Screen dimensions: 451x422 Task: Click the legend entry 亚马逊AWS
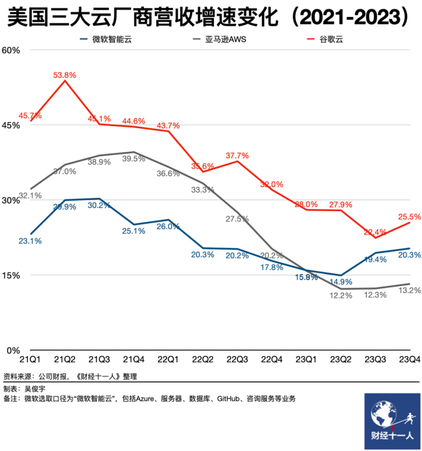pos(226,40)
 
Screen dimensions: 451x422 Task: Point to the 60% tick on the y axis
pos(11,50)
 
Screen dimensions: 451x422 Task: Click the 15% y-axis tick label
pos(11,276)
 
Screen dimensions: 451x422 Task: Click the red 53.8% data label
pos(65,75)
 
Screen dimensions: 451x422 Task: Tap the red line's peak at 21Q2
pos(65,81)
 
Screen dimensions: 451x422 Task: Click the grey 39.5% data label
pos(134,159)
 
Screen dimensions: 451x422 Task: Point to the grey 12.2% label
pos(341,296)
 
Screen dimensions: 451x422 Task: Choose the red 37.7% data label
pos(237,155)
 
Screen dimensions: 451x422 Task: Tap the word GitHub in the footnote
pos(228,399)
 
